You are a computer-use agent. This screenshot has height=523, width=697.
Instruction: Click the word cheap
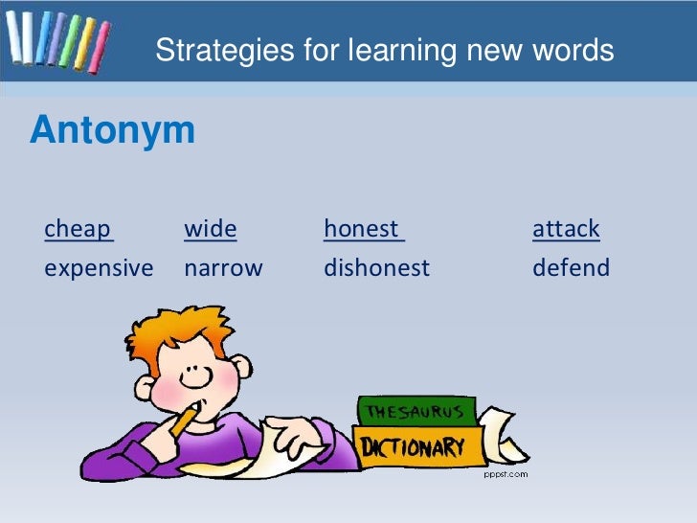(78, 230)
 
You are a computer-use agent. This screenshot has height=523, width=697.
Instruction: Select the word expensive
(99, 268)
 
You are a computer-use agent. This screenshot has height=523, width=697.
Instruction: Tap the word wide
(210, 229)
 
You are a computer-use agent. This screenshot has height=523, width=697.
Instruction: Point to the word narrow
(222, 268)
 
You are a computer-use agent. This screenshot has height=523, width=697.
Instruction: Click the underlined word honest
(361, 229)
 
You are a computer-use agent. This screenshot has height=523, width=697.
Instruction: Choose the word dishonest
(376, 268)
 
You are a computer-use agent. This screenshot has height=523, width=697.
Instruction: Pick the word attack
(566, 229)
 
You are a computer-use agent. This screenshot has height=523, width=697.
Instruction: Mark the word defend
(571, 268)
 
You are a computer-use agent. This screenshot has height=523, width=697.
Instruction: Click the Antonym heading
(112, 131)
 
